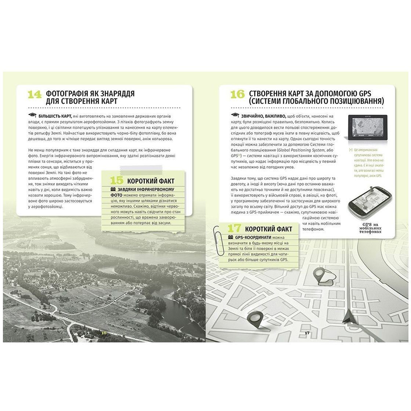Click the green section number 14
click(35, 95)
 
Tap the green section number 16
click(237, 95)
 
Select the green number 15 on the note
click(118, 180)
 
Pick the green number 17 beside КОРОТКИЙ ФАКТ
click(235, 229)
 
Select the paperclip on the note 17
click(216, 236)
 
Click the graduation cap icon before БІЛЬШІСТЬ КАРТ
click(32, 116)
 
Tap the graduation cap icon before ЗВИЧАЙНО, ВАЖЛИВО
click(235, 116)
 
